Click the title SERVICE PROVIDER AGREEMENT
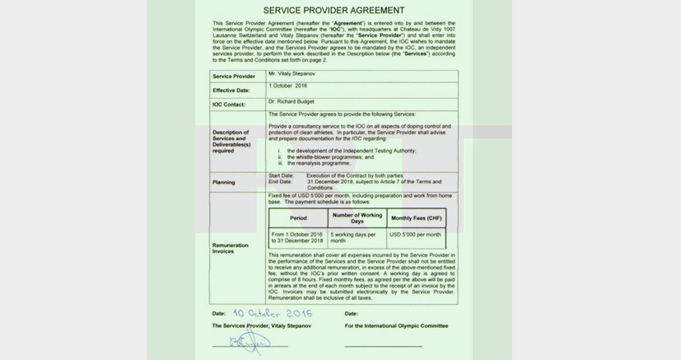pos(334,10)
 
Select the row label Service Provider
pos(233,77)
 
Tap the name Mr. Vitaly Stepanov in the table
pos(292,74)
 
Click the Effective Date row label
pos(231,91)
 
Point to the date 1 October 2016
pos(287,86)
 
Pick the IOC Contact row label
pos(229,105)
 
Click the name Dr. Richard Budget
pos(291,101)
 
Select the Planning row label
pos(223,182)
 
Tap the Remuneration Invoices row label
pos(230,248)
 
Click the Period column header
pos(298,218)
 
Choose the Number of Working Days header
pos(357,218)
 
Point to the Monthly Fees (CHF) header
pos(416,218)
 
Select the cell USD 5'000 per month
pos(415,235)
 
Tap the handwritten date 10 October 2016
pos(272,313)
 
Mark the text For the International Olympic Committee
pos(396,326)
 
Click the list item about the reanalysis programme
pos(318,163)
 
